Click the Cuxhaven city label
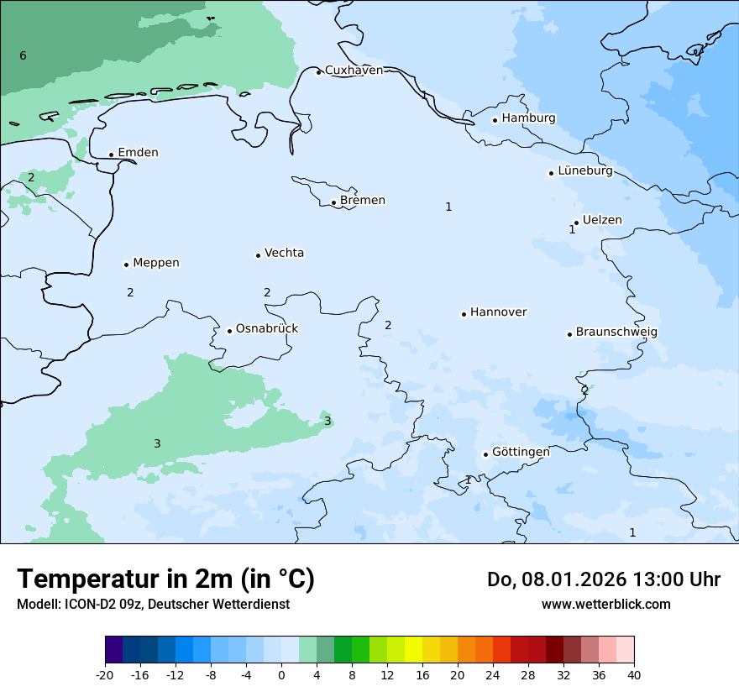354,70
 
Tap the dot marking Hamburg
495,120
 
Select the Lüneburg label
584,170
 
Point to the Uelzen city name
602,220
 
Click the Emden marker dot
111,155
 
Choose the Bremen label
362,200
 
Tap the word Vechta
284,253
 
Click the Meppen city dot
126,265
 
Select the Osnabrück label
267,328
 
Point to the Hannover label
498,312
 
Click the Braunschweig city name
616,332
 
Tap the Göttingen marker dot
485,454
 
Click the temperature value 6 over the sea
23,55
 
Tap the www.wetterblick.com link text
605,604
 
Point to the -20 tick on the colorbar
105,674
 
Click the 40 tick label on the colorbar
633,674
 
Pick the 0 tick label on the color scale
281,674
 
